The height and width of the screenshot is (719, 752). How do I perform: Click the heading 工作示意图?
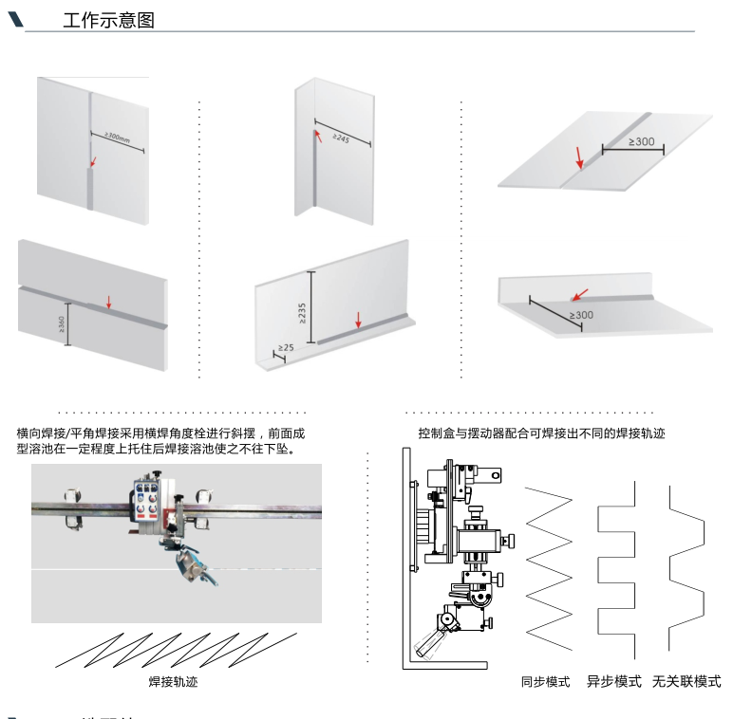[107, 21]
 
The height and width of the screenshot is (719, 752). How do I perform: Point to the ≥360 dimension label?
[62, 325]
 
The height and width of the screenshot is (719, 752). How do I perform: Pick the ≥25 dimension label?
[286, 348]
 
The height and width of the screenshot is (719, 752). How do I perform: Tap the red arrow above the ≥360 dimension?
[108, 303]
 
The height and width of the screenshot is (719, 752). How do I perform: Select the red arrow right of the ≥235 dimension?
[358, 320]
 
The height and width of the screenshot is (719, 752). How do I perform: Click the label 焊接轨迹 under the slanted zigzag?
[174, 681]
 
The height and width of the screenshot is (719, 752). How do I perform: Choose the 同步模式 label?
[545, 681]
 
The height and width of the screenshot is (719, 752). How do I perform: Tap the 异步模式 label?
[613, 681]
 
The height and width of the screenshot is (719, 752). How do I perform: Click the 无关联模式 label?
[686, 681]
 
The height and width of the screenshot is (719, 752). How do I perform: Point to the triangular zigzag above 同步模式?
[550, 567]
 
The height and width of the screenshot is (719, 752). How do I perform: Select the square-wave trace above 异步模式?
[617, 567]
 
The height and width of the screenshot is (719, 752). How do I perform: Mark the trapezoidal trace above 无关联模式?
[686, 567]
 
